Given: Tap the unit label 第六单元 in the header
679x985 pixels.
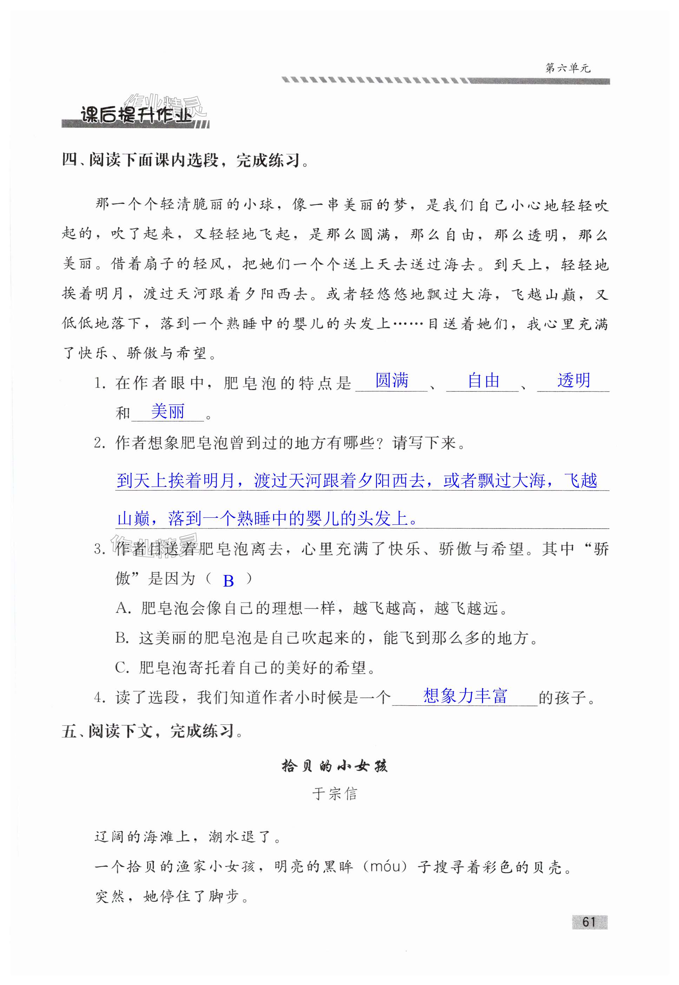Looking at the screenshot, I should (568, 68).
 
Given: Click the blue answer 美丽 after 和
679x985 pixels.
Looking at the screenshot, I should (168, 411).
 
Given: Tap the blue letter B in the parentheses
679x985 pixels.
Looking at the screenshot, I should (229, 581).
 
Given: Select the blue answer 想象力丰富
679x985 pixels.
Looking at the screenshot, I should (465, 696).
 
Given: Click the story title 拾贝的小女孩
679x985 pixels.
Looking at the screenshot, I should (334, 766).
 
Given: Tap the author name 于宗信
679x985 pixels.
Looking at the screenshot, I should (334, 794).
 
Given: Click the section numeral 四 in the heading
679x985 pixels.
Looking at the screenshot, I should (70, 160).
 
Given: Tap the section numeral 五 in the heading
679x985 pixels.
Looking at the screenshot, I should (69, 731).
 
